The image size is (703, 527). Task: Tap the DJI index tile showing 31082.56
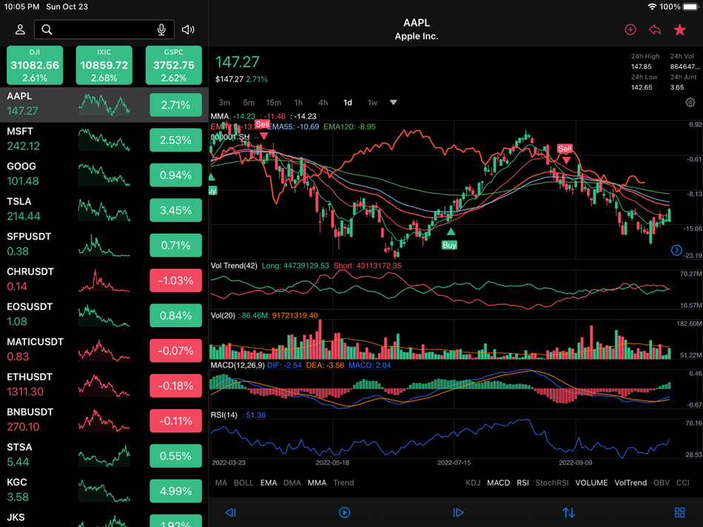(x=35, y=65)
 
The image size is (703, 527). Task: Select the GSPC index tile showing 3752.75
(x=174, y=65)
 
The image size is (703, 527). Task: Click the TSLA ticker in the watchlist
(x=19, y=201)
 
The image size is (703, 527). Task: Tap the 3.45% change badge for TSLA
(x=175, y=211)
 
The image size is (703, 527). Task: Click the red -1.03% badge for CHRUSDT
(x=175, y=281)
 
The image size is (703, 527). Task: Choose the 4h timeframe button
(x=323, y=103)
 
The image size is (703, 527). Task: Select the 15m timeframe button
(x=274, y=103)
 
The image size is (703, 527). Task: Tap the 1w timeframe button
(x=372, y=103)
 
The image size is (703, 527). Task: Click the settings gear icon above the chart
(x=690, y=103)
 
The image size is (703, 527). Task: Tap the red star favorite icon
(x=679, y=30)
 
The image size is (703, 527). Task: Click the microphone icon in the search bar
(x=161, y=30)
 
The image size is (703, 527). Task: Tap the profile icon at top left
(x=20, y=30)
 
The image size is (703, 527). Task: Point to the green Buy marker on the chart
(x=449, y=244)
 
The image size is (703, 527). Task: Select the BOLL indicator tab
(x=243, y=483)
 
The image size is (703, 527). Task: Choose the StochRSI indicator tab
(x=551, y=483)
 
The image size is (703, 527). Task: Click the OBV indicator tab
(x=662, y=483)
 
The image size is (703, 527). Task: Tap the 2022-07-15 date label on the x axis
(x=455, y=463)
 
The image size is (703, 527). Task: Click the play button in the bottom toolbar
(x=344, y=512)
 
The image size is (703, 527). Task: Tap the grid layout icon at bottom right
(x=679, y=512)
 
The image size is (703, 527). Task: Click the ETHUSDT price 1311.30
(x=25, y=392)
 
